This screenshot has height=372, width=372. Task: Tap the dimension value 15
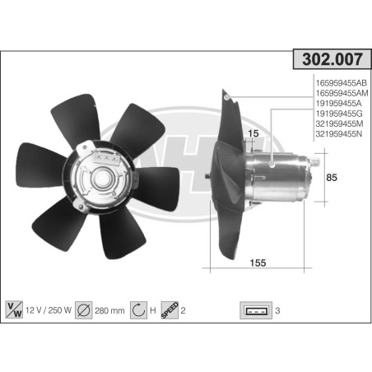click(253, 133)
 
